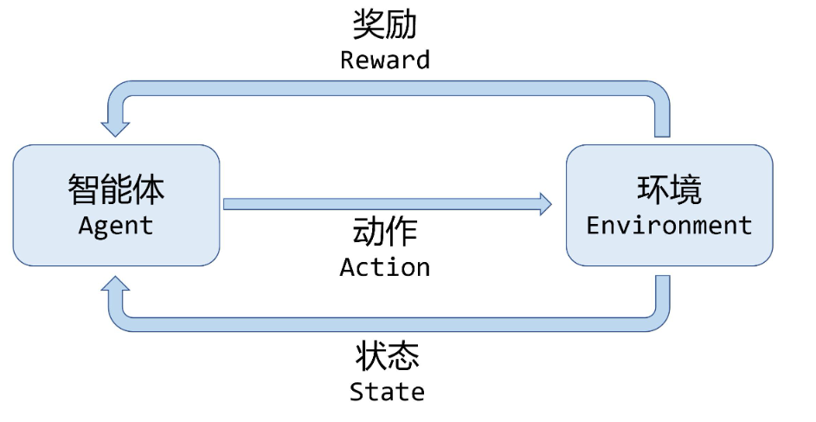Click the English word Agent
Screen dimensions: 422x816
[116, 226]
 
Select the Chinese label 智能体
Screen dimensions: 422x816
[116, 189]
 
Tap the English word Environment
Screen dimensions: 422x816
[669, 226]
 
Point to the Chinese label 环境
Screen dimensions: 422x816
[669, 189]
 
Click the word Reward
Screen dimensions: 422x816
[385, 60]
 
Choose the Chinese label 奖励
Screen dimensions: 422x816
[385, 24]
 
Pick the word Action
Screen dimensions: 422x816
[385, 267]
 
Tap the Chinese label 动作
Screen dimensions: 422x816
[385, 232]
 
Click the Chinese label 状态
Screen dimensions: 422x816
[387, 355]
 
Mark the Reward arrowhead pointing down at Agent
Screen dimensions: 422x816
[115, 128]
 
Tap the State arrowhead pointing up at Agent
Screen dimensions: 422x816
[115, 285]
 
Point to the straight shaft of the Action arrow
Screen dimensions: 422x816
[381, 204]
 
